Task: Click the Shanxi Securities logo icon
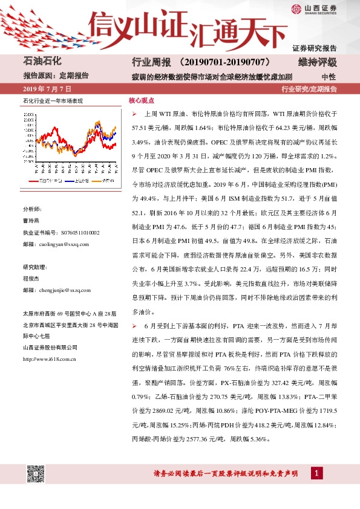point(296,8)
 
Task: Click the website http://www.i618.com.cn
point(49,359)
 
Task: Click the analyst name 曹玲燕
point(32,221)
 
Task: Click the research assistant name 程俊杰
point(32,279)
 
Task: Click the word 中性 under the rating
point(328,77)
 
